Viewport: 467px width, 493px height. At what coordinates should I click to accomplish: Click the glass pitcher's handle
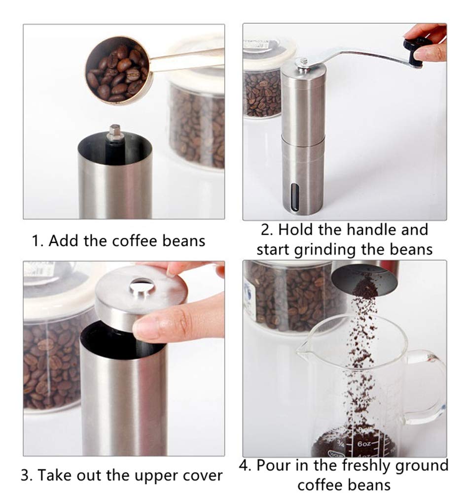pos(429,384)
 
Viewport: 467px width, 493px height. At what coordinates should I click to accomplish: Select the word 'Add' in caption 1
pos(62,241)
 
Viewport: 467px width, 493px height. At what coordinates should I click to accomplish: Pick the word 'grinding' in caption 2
pos(325,249)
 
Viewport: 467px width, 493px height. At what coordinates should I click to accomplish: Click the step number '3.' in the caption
pos(27,476)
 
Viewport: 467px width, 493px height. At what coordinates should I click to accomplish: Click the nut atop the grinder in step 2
pos(302,63)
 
